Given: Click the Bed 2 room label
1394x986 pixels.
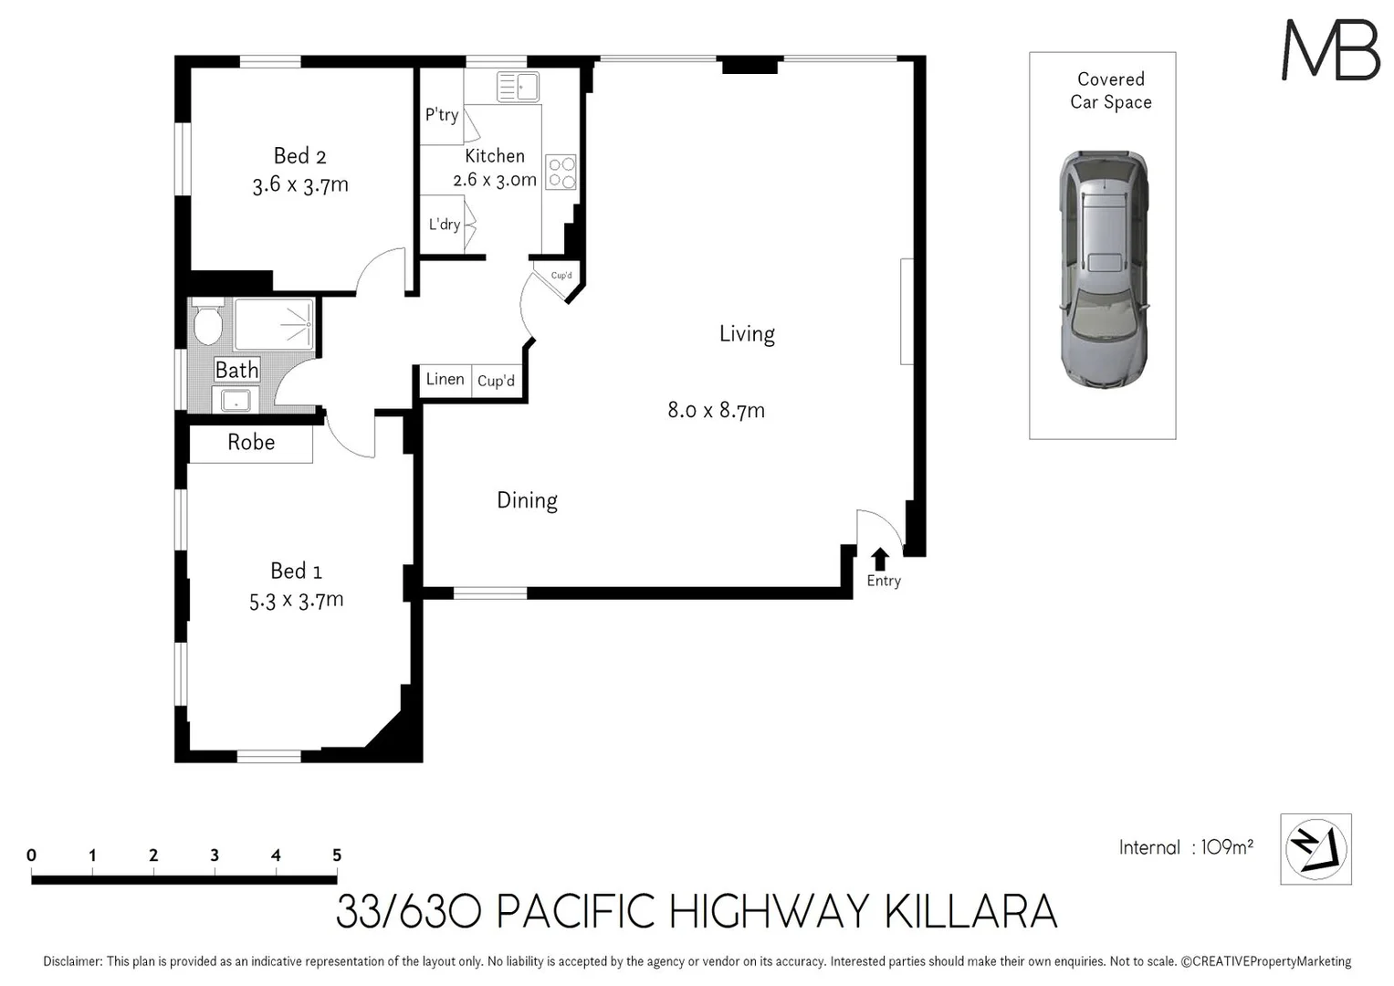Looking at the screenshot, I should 299,156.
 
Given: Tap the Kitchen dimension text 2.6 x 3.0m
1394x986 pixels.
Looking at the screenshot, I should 495,180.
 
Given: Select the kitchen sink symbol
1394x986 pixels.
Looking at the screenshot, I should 518,88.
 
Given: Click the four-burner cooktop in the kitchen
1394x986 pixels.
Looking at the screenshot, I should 561,173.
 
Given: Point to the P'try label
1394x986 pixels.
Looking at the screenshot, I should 442,115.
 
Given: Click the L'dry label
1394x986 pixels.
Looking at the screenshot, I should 445,225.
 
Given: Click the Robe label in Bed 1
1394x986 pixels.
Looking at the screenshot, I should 251,443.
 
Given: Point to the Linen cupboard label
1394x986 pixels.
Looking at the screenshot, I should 445,380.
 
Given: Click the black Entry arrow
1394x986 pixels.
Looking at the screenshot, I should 880,559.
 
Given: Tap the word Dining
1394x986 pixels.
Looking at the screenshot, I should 527,500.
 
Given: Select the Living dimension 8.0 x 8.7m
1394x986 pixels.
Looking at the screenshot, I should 716,410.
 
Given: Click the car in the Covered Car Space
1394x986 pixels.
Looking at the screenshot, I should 1103,269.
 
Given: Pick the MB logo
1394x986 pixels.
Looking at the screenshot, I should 1330,50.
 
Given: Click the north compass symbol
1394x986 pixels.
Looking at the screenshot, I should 1315,849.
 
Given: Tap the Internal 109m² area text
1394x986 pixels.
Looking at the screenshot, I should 1186,847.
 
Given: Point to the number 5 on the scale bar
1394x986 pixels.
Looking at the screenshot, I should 337,855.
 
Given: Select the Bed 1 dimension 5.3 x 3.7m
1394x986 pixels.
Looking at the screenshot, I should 297,601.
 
